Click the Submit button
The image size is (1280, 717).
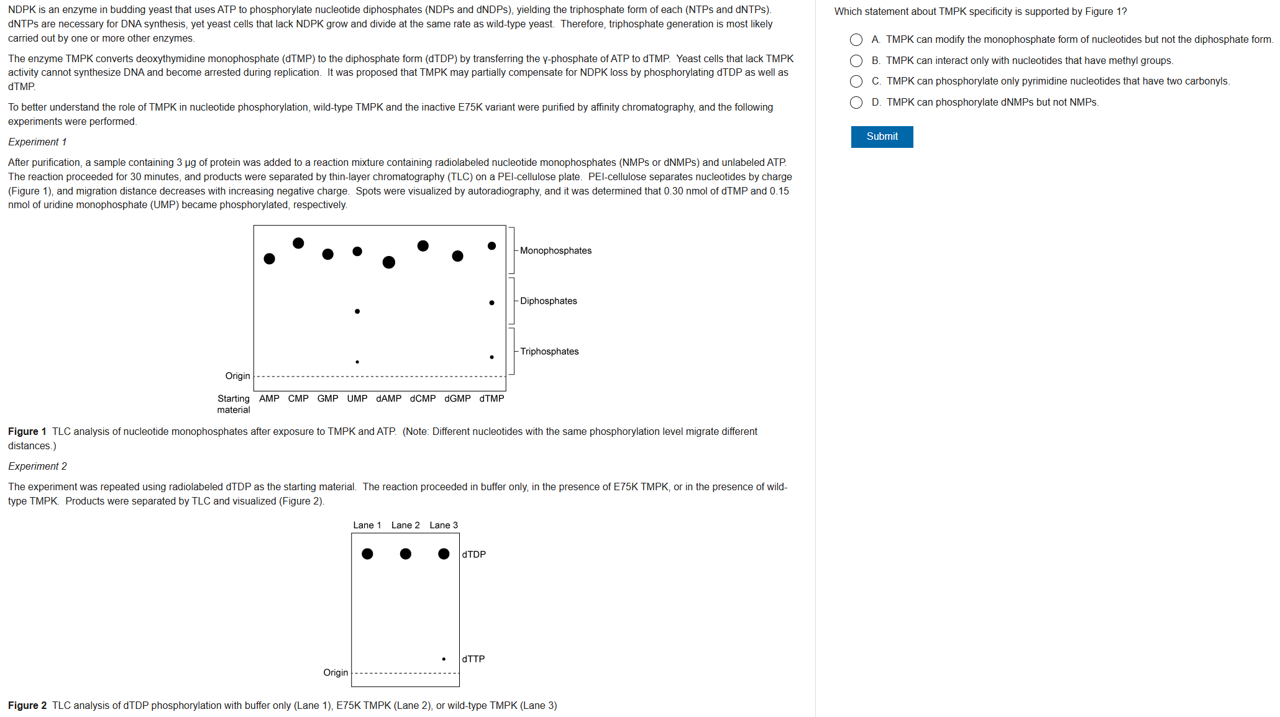tap(882, 137)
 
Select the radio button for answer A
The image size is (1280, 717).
tap(856, 40)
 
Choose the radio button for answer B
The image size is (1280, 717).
tap(856, 61)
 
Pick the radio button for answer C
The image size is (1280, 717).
tap(856, 81)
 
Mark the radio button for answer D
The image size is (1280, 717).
tap(856, 103)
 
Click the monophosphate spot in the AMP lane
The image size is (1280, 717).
tap(269, 258)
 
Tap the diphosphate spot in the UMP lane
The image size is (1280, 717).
tap(357, 311)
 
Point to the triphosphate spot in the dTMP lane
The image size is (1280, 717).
tap(491, 357)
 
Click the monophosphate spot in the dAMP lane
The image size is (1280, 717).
tap(389, 262)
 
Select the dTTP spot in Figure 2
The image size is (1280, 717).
tap(444, 659)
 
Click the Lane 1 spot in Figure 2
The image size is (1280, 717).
tap(367, 554)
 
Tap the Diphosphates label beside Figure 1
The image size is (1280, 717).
tap(549, 301)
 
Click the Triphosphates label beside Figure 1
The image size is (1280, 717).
tap(549, 351)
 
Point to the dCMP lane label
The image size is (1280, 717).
tap(423, 398)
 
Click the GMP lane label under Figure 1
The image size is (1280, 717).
tap(328, 398)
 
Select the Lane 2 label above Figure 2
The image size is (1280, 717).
tap(406, 525)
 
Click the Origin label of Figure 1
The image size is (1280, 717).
tap(238, 376)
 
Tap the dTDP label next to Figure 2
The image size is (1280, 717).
tap(474, 554)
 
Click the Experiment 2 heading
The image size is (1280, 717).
tap(37, 466)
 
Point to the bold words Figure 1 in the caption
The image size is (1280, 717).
tap(27, 431)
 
